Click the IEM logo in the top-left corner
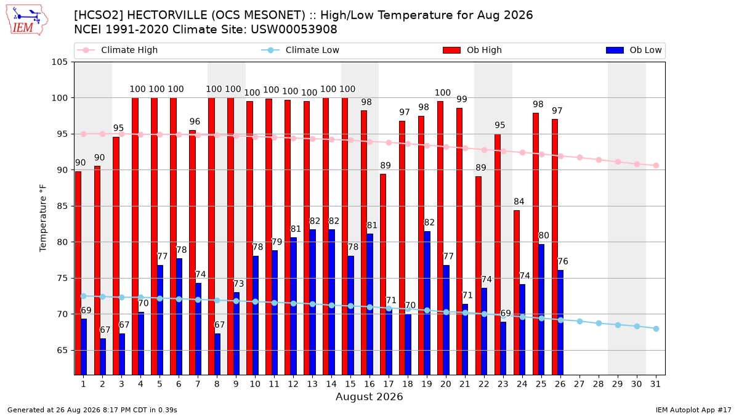pos(26,20)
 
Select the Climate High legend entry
pos(117,50)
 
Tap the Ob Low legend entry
pos(634,50)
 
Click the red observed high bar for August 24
pos(517,293)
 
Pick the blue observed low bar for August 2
pos(103,357)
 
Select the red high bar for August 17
pos(383,274)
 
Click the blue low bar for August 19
pos(427,303)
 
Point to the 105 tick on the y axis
pos(59,62)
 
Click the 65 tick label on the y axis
pos(62,350)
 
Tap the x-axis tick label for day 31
pos(655,385)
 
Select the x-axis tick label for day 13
pos(312,385)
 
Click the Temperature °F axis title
pos(43,218)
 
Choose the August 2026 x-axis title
pos(369,396)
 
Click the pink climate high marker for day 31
pos(656,165)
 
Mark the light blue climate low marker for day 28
pos(599,323)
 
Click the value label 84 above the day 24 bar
pos(519,202)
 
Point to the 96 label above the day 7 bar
pos(195,121)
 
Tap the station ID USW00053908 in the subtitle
pos(294,30)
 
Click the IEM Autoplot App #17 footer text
pos(693,410)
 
